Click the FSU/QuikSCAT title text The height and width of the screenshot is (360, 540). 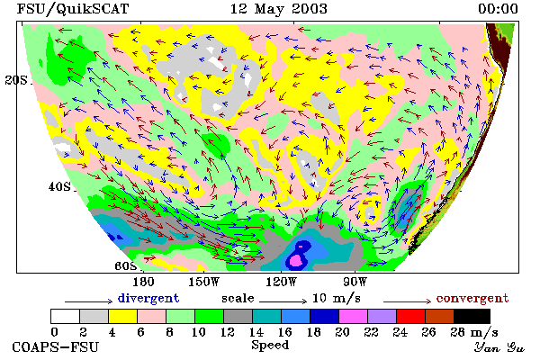click(x=73, y=9)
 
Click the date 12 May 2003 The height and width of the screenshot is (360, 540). click(x=278, y=9)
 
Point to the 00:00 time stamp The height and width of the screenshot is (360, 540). click(x=498, y=9)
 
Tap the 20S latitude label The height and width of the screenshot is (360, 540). click(x=16, y=80)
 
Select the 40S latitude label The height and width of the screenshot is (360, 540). click(x=59, y=186)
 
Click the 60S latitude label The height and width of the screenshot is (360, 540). click(x=125, y=265)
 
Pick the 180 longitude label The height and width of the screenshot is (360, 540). click(x=143, y=282)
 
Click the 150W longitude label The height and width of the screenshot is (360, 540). click(x=204, y=282)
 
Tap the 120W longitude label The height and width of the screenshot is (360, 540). click(x=281, y=282)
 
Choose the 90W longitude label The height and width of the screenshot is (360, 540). click(x=355, y=282)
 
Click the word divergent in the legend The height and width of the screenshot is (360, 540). click(x=148, y=298)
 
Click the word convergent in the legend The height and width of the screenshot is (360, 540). click(x=472, y=298)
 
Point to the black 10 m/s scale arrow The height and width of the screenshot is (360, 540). click(x=283, y=301)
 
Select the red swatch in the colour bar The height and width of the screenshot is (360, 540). click(x=410, y=316)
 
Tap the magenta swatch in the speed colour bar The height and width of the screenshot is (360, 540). click(x=353, y=316)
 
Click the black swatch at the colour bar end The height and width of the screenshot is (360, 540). click(x=472, y=316)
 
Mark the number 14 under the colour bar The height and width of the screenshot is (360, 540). click(x=256, y=332)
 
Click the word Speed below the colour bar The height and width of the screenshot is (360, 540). click(x=270, y=346)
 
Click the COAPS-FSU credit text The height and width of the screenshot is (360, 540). click(x=56, y=346)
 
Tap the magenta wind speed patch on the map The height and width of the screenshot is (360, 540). click(x=296, y=258)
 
